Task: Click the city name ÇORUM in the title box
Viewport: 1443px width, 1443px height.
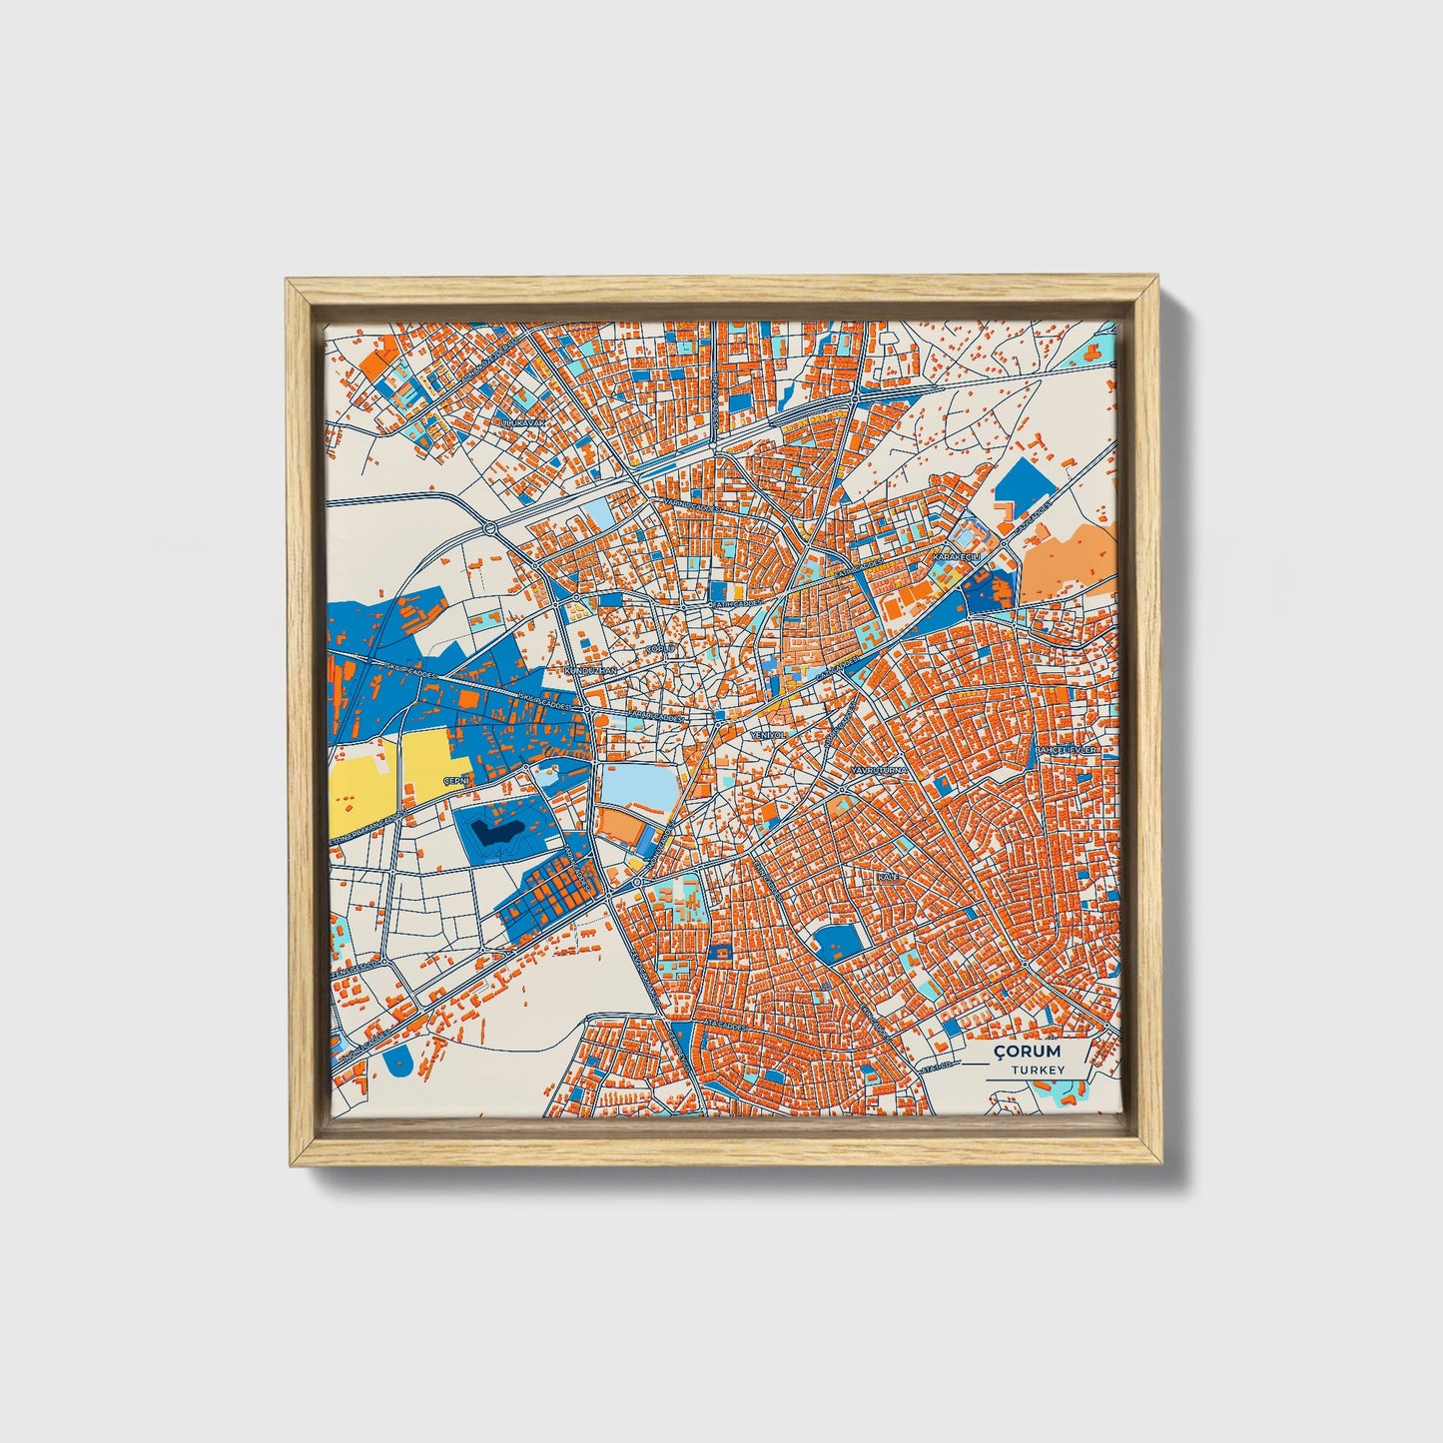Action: (x=1028, y=1052)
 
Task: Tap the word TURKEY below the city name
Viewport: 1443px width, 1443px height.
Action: (x=1037, y=1070)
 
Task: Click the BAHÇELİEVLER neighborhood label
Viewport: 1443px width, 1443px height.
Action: (x=1066, y=749)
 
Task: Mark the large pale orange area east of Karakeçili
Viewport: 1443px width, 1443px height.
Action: (x=1069, y=564)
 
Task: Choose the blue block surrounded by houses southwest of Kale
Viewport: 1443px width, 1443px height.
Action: (x=837, y=941)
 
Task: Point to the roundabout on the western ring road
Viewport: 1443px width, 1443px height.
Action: (x=489, y=528)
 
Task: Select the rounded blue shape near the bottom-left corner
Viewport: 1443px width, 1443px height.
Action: (x=398, y=1061)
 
